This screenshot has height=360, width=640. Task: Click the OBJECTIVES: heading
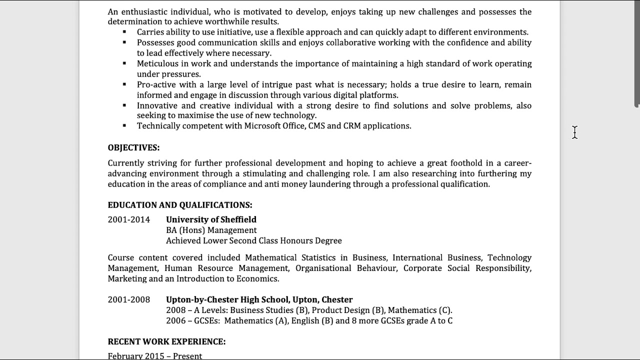tap(133, 147)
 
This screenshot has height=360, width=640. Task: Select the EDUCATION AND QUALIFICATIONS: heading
tap(180, 205)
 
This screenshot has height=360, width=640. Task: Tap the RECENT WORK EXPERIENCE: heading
tap(166, 341)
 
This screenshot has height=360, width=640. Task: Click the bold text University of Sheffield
tap(211, 219)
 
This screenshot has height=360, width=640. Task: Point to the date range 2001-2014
tap(128, 219)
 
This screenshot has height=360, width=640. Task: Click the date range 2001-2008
tap(128, 299)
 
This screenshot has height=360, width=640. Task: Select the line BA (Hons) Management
tap(211, 230)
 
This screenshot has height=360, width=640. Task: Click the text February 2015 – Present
tap(155, 356)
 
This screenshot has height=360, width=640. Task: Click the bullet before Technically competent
tap(124, 125)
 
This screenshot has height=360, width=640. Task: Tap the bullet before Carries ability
tap(124, 31)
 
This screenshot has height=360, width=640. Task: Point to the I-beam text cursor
tap(574, 132)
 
